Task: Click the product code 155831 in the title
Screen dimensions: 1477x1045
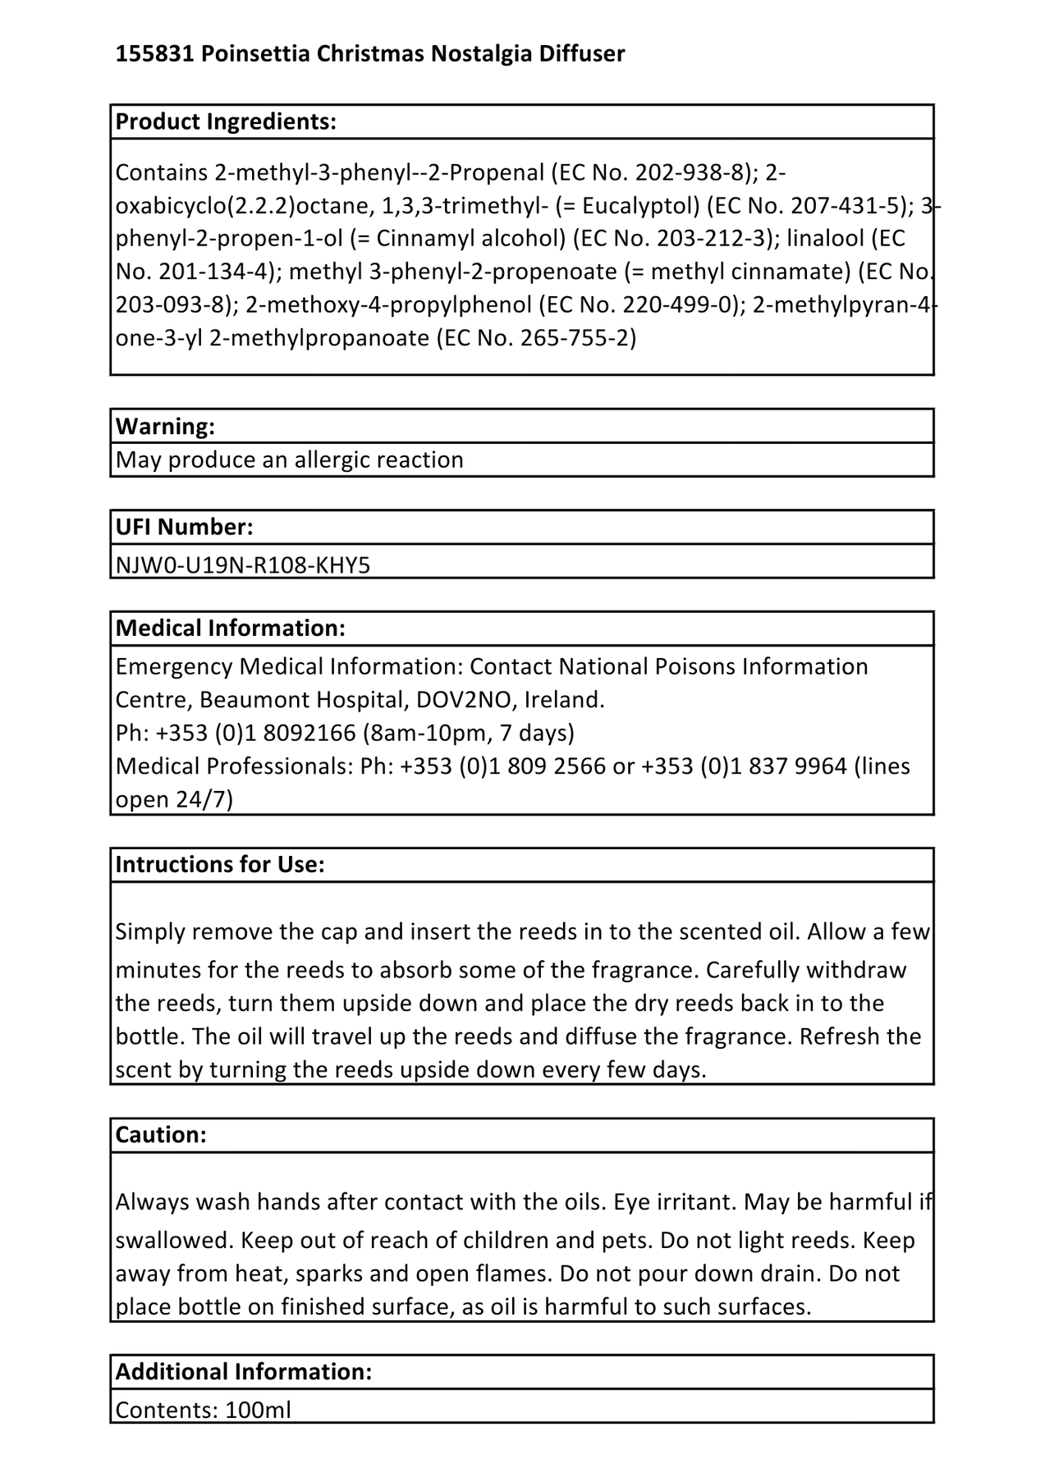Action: [x=155, y=54]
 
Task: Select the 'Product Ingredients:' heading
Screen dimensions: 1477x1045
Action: [x=226, y=121]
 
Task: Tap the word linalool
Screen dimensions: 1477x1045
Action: [x=825, y=238]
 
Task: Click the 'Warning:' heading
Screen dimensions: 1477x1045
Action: [x=165, y=426]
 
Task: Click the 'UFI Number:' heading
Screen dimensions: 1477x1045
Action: [x=184, y=527]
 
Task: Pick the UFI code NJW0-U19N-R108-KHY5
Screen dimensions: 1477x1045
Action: [x=243, y=565]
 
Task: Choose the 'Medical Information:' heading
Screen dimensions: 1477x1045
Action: [x=230, y=628]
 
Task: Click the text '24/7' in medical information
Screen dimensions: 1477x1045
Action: [x=204, y=799]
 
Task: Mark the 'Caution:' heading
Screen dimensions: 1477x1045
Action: [x=161, y=1134]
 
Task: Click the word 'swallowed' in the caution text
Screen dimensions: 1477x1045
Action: [x=172, y=1240]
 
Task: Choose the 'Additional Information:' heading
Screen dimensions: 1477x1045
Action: [x=244, y=1371]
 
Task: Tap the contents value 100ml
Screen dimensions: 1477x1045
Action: [x=258, y=1410]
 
